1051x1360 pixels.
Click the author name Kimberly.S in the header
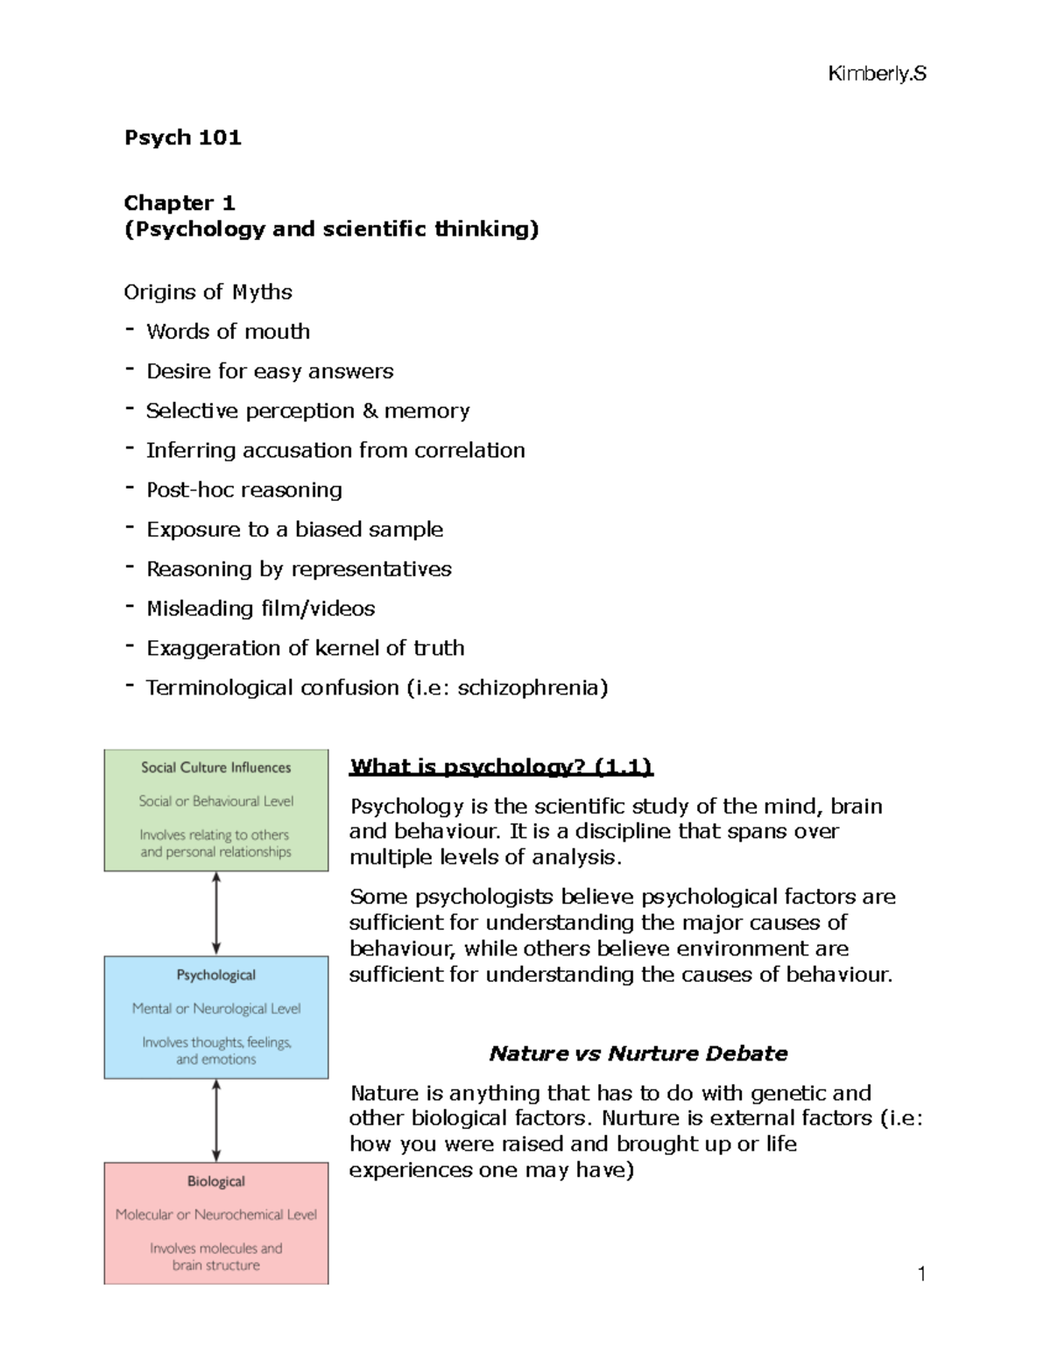click(x=876, y=74)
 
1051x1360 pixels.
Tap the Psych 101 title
click(x=182, y=137)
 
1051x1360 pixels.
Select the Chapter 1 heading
click(x=180, y=203)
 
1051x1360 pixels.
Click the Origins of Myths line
click(x=208, y=292)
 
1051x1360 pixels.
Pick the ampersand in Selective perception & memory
click(x=369, y=411)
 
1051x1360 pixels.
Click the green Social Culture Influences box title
click(x=215, y=768)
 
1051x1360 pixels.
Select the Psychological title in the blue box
click(x=215, y=975)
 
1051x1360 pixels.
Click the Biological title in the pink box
click(x=215, y=1181)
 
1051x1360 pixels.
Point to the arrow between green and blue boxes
click(x=216, y=913)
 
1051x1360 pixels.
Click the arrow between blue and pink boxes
click(x=216, y=1120)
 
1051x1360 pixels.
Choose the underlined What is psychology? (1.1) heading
click(x=501, y=767)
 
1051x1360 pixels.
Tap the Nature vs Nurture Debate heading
click(x=638, y=1053)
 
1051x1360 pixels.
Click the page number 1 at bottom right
click(x=921, y=1274)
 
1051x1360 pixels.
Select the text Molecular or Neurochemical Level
click(x=215, y=1215)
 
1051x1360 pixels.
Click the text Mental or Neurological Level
click(x=215, y=1009)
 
